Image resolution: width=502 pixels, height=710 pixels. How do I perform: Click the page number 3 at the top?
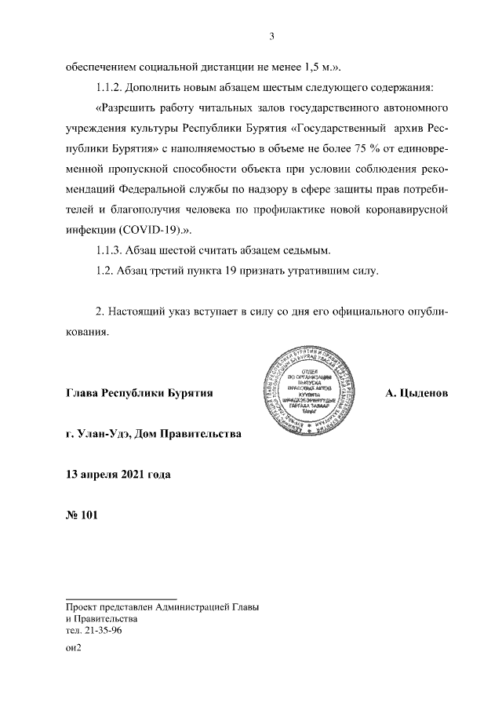click(271, 35)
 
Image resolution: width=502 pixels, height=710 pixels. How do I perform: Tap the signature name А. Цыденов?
click(417, 391)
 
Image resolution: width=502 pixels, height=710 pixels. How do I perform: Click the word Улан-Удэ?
click(106, 433)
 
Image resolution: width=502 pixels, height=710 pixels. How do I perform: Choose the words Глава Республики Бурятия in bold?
click(140, 391)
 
